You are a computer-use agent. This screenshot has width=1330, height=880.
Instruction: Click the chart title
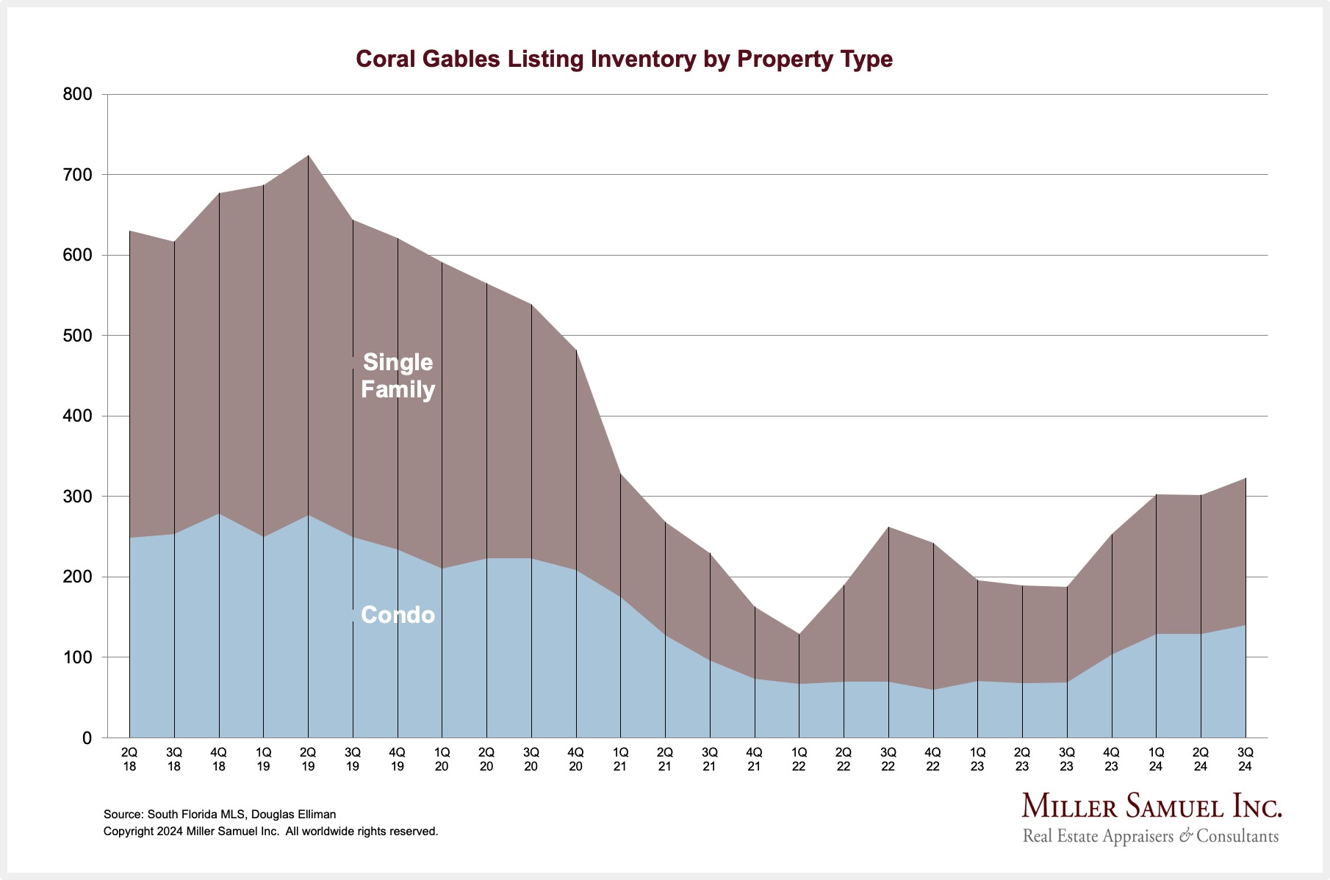pos(624,59)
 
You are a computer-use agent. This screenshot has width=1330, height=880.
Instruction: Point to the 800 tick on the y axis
pos(77,94)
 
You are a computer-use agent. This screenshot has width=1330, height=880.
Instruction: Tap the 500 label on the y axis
pos(77,336)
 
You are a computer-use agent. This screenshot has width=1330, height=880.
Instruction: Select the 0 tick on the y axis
pos(87,738)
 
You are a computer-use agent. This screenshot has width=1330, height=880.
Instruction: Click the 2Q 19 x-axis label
pos(308,759)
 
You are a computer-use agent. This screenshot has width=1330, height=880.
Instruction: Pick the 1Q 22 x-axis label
pos(799,759)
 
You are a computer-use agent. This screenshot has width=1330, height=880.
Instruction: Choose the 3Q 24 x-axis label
pos(1245,759)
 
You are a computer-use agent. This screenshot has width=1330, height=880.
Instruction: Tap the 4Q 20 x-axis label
pos(575,759)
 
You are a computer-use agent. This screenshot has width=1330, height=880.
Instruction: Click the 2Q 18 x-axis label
pos(129,759)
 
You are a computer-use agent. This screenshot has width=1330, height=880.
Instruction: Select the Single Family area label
pos(398,375)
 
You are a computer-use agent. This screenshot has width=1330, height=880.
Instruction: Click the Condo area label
pos(398,615)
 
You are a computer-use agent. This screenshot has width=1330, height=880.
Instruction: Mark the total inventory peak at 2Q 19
pos(308,156)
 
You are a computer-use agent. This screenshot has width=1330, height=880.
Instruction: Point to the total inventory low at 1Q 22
pos(799,634)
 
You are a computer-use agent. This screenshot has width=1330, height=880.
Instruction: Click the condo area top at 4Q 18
pos(219,513)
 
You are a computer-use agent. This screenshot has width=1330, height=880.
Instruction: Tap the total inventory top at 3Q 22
pos(888,527)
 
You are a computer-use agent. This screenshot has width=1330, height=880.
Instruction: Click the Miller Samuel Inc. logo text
pos(1151,807)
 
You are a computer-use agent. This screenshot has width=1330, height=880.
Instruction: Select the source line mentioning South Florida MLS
pos(220,814)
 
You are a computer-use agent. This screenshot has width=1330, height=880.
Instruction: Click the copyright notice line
pos(270,832)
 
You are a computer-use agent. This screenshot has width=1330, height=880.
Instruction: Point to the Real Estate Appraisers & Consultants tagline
pos(1150,836)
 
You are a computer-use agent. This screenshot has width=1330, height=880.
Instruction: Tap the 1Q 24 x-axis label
pos(1156,759)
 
